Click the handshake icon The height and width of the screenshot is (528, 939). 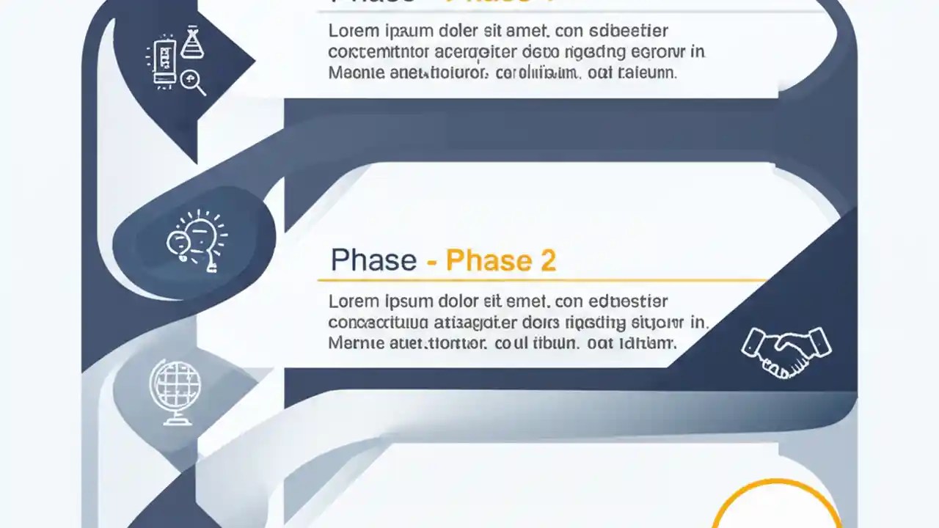coord(786,351)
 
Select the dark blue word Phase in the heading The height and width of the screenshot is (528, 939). coord(373,260)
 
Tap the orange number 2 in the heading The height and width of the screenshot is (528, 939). coord(547,260)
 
